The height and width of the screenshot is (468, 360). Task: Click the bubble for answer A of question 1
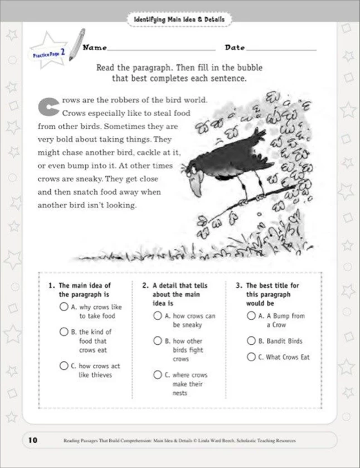[64, 307]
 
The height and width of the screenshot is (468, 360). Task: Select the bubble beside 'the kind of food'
[64, 332]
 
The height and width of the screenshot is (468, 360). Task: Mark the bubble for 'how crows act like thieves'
[64, 366]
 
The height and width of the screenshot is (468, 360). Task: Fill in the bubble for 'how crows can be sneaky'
[157, 316]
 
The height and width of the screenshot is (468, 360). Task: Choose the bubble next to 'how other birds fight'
[157, 341]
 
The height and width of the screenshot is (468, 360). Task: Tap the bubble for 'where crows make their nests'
[157, 375]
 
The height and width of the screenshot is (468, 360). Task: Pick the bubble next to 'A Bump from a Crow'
[251, 316]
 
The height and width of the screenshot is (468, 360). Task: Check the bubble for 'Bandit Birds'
[251, 341]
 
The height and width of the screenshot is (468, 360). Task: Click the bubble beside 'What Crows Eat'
[251, 357]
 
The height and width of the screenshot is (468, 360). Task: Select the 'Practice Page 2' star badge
[49, 52]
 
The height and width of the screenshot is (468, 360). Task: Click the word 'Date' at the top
[235, 48]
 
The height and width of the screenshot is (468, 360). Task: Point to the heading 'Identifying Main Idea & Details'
[179, 20]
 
